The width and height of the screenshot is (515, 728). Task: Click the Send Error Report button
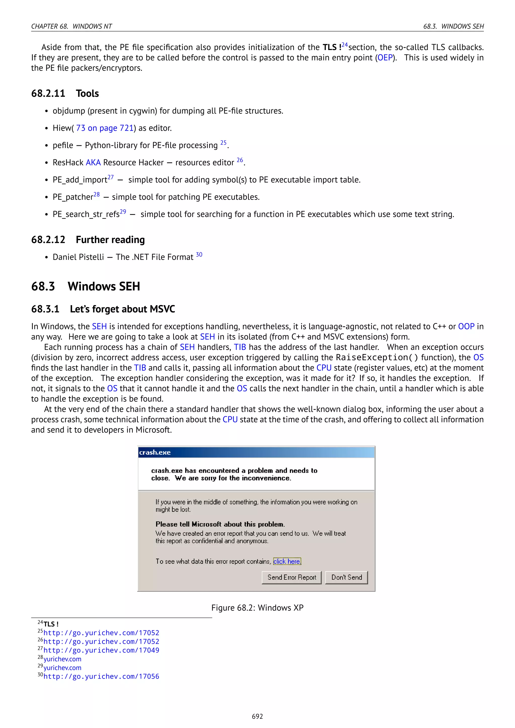click(291, 577)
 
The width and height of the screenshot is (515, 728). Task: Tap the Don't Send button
click(346, 577)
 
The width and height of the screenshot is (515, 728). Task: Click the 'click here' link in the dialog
click(287, 562)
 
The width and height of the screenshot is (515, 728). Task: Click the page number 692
click(257, 716)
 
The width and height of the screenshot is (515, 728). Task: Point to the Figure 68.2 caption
click(257, 608)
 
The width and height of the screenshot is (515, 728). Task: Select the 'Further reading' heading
click(110, 240)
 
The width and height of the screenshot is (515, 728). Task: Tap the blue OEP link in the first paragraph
click(385, 58)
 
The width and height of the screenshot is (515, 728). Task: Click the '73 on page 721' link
click(105, 128)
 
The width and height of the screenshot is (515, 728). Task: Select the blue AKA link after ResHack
click(93, 163)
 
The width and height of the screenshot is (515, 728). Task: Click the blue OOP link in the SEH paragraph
click(466, 327)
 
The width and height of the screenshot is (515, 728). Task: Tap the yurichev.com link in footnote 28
click(62, 659)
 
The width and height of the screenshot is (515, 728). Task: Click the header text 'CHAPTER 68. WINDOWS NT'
click(71, 26)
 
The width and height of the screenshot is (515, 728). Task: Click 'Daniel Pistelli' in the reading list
click(78, 257)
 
